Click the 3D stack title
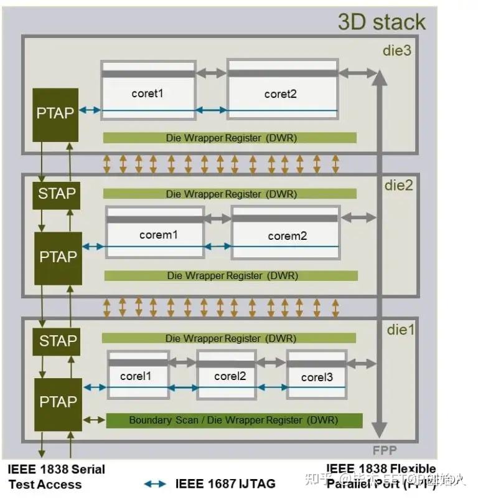382,22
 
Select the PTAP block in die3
55,113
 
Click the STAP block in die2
57,194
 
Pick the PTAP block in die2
58,257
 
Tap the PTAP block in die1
58,402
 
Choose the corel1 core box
138,375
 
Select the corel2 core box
227,375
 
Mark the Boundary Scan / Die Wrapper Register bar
234,421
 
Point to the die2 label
399,185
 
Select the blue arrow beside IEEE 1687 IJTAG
155,483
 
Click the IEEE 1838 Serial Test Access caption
56,477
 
